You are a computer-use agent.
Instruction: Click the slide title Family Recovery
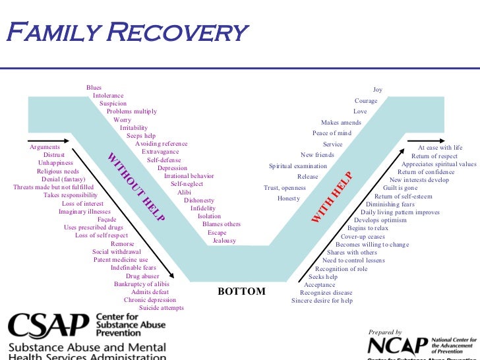point(126,31)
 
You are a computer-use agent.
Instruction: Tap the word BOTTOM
point(241,291)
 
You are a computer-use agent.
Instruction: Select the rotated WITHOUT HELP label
point(136,187)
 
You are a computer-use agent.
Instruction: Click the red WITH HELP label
point(332,196)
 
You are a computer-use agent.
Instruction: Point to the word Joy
point(377,90)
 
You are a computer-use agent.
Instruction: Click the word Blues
point(94,88)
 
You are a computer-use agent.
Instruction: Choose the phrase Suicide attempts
point(162,308)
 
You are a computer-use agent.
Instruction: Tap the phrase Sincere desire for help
point(322,301)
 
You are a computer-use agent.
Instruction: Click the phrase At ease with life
point(440,148)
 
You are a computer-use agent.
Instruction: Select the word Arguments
point(45,147)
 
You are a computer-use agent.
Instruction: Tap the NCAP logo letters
point(398,346)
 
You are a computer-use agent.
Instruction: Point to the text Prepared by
point(386,332)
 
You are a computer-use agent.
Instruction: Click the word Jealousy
point(224,241)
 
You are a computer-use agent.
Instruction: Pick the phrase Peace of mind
point(332,133)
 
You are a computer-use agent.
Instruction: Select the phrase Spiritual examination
point(298,166)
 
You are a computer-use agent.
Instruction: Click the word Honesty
point(289,198)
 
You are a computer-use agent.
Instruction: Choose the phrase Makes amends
point(341,123)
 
